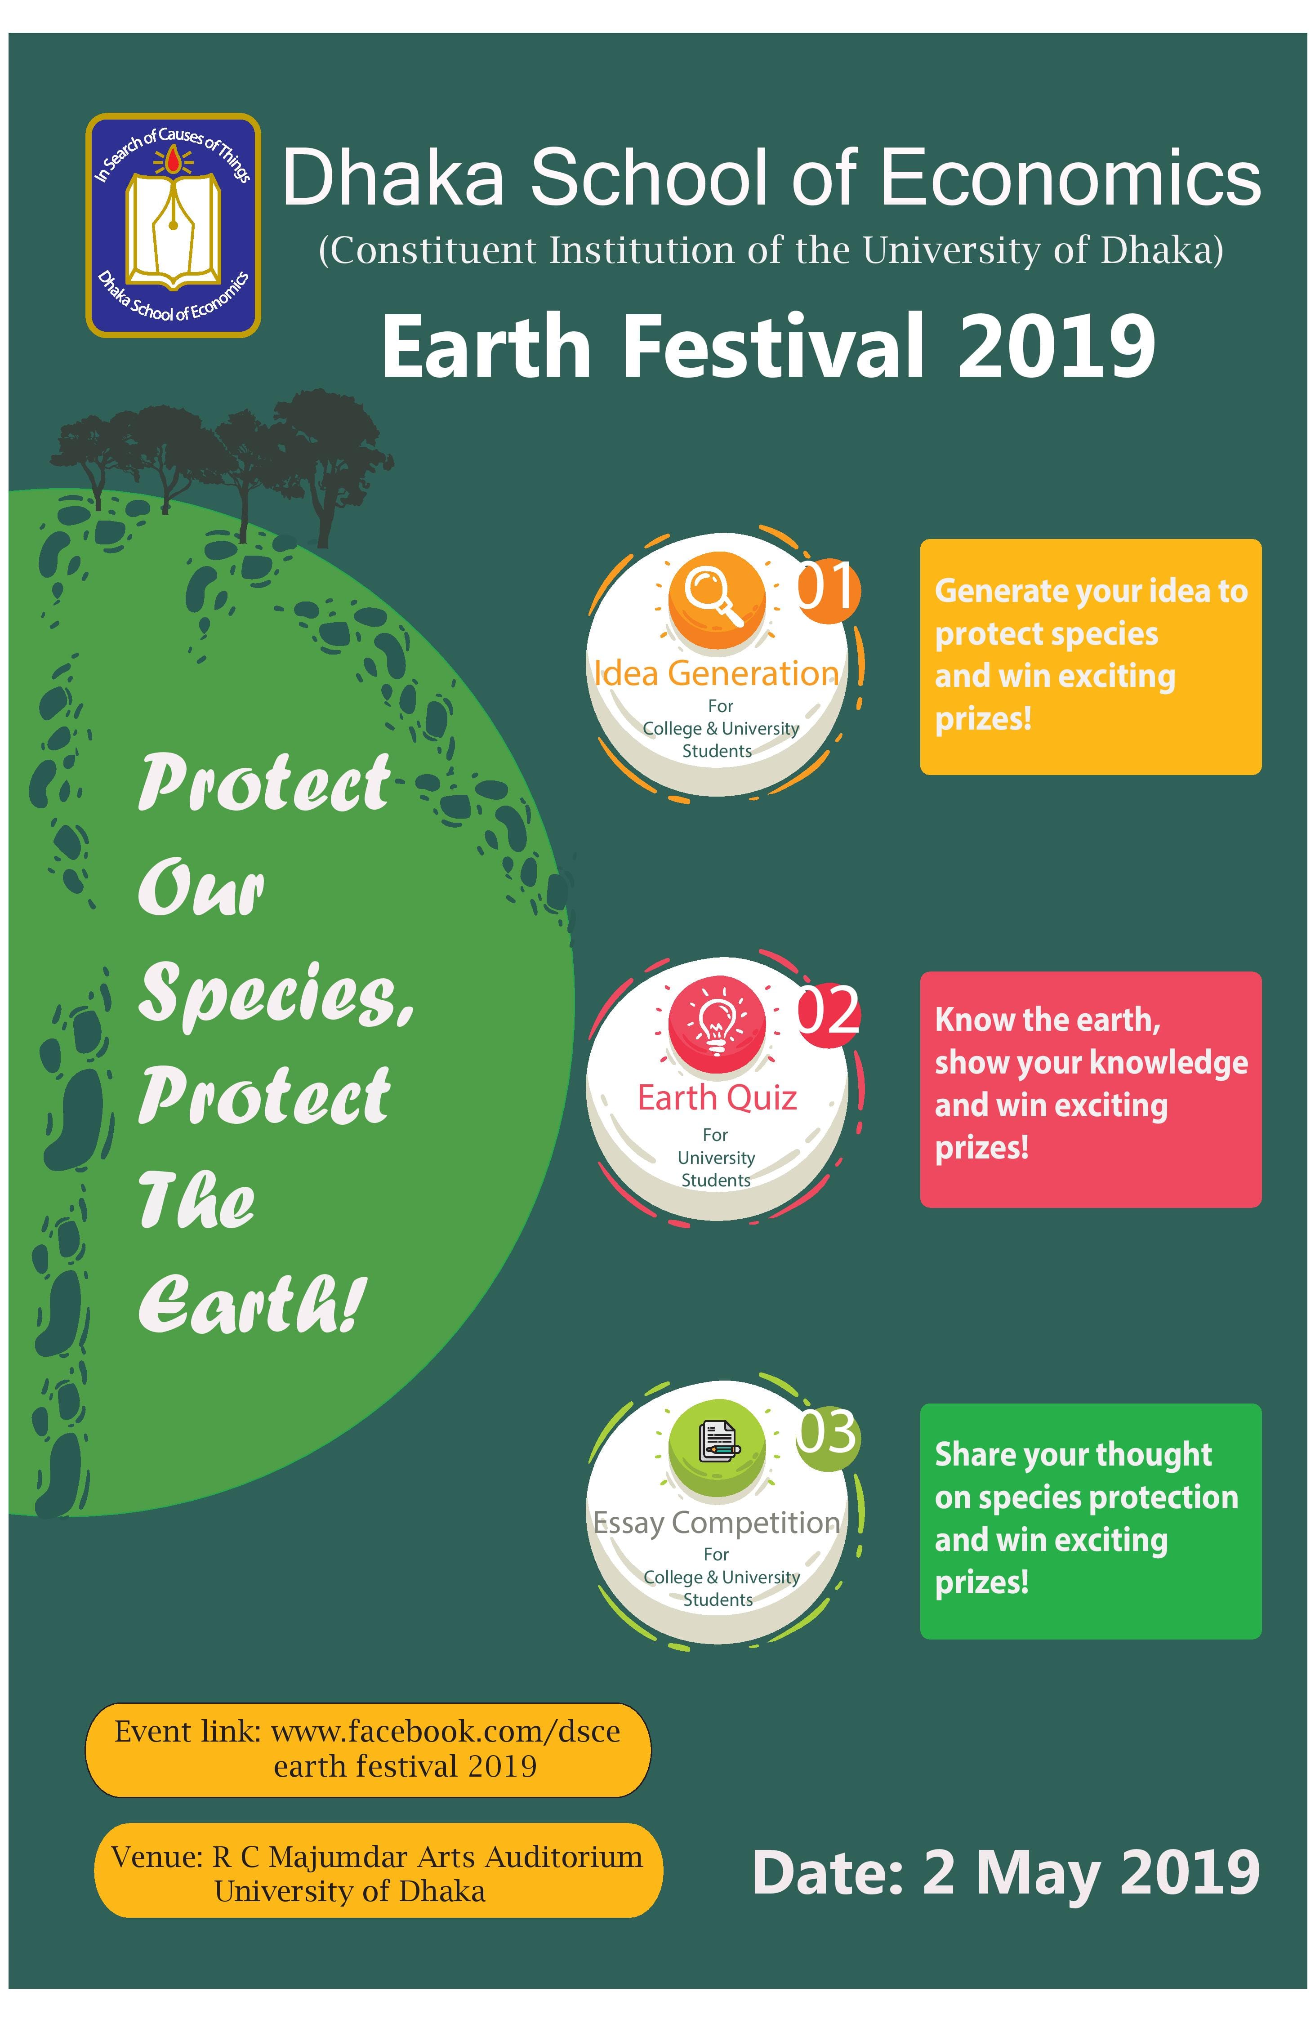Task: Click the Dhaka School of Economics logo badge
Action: pyautogui.click(x=173, y=225)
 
